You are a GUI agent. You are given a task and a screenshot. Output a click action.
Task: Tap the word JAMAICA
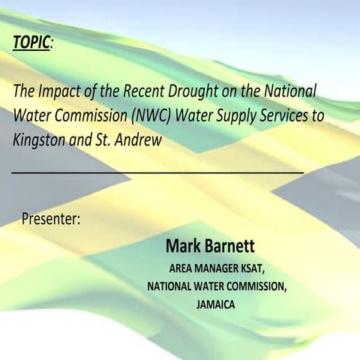(x=216, y=305)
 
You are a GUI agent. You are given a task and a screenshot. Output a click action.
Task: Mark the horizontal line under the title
(x=157, y=172)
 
